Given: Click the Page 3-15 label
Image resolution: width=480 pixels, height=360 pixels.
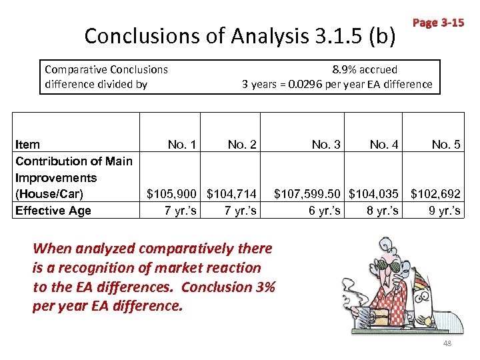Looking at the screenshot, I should (438, 23).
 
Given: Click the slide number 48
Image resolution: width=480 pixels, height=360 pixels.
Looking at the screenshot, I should (447, 343).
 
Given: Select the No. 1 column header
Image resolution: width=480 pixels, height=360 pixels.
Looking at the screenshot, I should (182, 144).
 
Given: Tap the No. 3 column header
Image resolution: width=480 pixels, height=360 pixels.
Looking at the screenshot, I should (326, 144).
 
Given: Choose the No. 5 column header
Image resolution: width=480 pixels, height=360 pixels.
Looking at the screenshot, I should (446, 144).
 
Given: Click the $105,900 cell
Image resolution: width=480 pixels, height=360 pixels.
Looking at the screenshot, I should (171, 194).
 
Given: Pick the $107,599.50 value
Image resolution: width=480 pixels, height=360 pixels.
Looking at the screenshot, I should (309, 194).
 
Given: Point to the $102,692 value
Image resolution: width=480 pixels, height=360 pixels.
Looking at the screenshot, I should (435, 194).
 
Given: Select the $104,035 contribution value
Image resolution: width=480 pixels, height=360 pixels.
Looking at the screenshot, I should (374, 194).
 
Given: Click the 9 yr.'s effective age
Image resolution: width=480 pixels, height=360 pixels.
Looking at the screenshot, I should (445, 211).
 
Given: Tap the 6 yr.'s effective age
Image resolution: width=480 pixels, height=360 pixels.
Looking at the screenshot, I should (325, 211).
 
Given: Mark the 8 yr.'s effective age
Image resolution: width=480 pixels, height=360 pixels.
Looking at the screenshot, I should (383, 211).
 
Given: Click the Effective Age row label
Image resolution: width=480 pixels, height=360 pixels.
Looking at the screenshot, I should (53, 211).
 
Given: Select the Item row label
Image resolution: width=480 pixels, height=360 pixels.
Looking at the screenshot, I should (27, 144).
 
